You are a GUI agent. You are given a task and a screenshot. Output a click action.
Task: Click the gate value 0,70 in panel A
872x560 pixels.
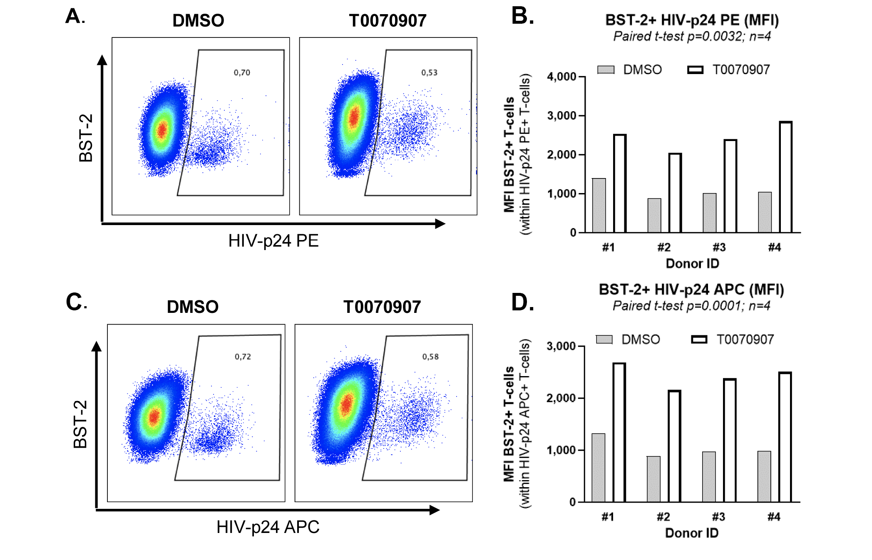242,73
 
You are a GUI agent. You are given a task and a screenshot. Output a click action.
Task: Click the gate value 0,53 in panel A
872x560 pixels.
429,73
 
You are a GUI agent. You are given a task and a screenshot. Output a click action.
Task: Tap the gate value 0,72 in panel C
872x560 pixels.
243,357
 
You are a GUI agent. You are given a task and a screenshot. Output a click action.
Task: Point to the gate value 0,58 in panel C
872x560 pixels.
430,357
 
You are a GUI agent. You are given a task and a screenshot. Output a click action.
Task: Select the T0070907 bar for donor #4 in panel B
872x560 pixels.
785,177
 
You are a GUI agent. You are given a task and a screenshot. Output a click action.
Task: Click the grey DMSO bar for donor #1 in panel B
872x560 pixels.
599,206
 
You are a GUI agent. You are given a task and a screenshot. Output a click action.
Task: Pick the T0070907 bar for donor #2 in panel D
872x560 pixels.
674,446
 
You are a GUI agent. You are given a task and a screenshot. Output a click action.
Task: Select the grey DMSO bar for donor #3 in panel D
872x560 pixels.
709,477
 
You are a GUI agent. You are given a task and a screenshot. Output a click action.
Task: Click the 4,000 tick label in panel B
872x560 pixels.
561,77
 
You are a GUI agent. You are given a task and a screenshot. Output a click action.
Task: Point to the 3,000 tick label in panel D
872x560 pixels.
561,347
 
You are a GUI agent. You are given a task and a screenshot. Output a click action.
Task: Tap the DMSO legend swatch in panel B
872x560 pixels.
606,70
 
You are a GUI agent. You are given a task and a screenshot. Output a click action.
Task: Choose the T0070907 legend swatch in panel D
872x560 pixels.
699,340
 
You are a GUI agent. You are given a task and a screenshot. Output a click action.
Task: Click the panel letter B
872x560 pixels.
522,16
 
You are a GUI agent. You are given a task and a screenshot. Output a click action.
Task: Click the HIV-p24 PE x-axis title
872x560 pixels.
273,241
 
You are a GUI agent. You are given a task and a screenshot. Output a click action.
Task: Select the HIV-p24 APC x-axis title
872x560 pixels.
268,527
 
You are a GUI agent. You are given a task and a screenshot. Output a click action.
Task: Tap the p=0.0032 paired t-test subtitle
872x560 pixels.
692,37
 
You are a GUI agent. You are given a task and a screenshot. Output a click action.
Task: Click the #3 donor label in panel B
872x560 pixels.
719,248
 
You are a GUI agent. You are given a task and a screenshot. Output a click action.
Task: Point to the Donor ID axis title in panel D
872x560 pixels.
692,533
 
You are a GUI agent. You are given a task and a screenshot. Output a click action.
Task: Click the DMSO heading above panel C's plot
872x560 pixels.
193,307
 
